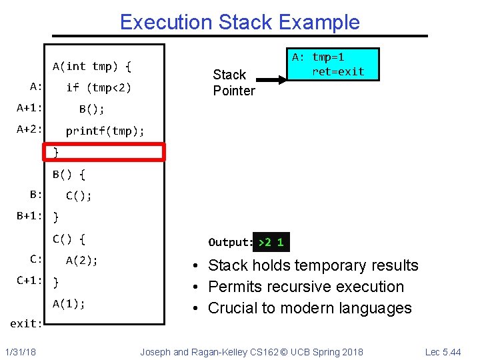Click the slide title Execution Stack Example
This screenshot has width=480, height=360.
click(239, 22)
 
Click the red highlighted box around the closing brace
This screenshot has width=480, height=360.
click(103, 152)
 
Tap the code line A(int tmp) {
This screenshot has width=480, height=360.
click(92, 66)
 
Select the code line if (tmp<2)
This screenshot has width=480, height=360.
click(99, 87)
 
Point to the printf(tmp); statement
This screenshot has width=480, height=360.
click(105, 131)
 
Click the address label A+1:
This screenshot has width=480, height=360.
click(30, 108)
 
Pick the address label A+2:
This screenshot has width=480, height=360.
click(30, 129)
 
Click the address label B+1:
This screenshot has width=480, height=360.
click(30, 216)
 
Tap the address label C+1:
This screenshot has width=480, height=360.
click(30, 281)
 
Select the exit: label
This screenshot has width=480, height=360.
click(27, 324)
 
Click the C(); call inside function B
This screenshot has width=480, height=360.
click(79, 195)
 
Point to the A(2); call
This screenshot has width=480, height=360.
click(81, 261)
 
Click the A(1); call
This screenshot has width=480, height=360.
click(69, 304)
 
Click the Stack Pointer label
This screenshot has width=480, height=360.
click(233, 83)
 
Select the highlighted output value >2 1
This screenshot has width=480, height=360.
click(271, 242)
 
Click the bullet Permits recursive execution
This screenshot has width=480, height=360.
click(306, 287)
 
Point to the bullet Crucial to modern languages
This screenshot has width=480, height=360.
click(310, 308)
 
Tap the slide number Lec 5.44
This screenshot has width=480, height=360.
click(443, 351)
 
